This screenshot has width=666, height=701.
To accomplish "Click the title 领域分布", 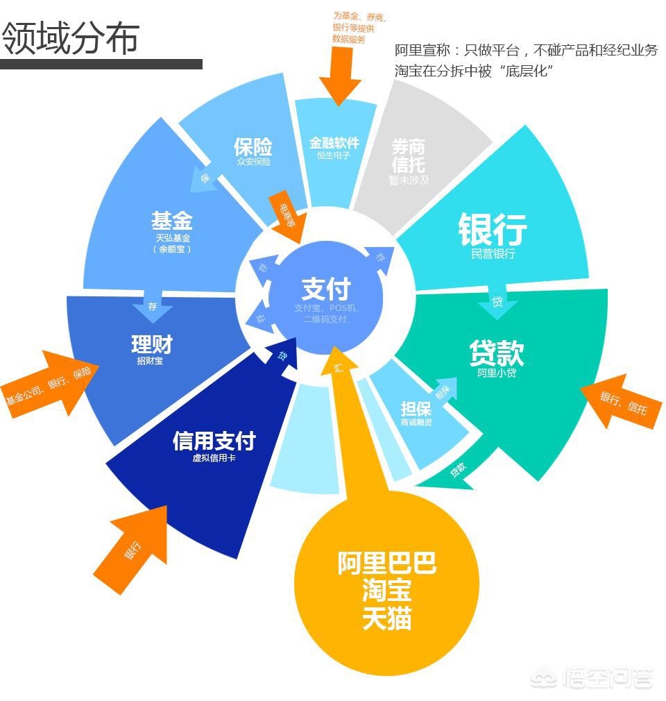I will tap(71, 39).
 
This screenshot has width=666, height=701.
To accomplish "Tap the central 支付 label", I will tap(326, 289).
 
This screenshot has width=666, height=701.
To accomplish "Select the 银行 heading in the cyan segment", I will tap(493, 229).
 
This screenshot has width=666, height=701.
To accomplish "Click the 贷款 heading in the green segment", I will tap(497, 353).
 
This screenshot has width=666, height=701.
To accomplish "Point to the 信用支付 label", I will tap(214, 441).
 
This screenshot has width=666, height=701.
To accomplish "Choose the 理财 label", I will tap(151, 344).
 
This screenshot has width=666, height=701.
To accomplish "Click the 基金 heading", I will tap(172, 221).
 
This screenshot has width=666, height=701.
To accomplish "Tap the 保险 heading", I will tap(253, 146).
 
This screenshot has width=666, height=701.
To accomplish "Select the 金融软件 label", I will tap(334, 142).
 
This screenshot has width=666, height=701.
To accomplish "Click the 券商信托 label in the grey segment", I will tap(409, 156).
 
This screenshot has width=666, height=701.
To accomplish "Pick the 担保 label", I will tap(416, 408).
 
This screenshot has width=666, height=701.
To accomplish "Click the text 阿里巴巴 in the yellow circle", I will tap(386, 563).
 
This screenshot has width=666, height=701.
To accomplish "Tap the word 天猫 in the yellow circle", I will tap(386, 618).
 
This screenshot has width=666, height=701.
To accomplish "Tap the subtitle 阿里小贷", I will tap(497, 373).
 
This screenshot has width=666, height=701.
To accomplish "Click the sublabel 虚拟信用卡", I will tap(214, 458).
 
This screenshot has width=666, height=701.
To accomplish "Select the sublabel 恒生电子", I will tap(334, 155).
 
